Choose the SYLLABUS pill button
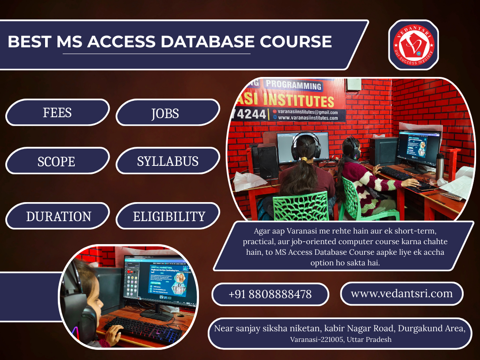(x=168, y=161)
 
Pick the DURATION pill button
(x=58, y=216)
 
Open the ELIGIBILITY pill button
(x=169, y=216)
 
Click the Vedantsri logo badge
(x=413, y=45)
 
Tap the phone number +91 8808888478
(x=270, y=294)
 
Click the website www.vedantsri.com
(x=401, y=293)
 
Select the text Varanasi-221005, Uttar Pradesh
(x=340, y=340)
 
